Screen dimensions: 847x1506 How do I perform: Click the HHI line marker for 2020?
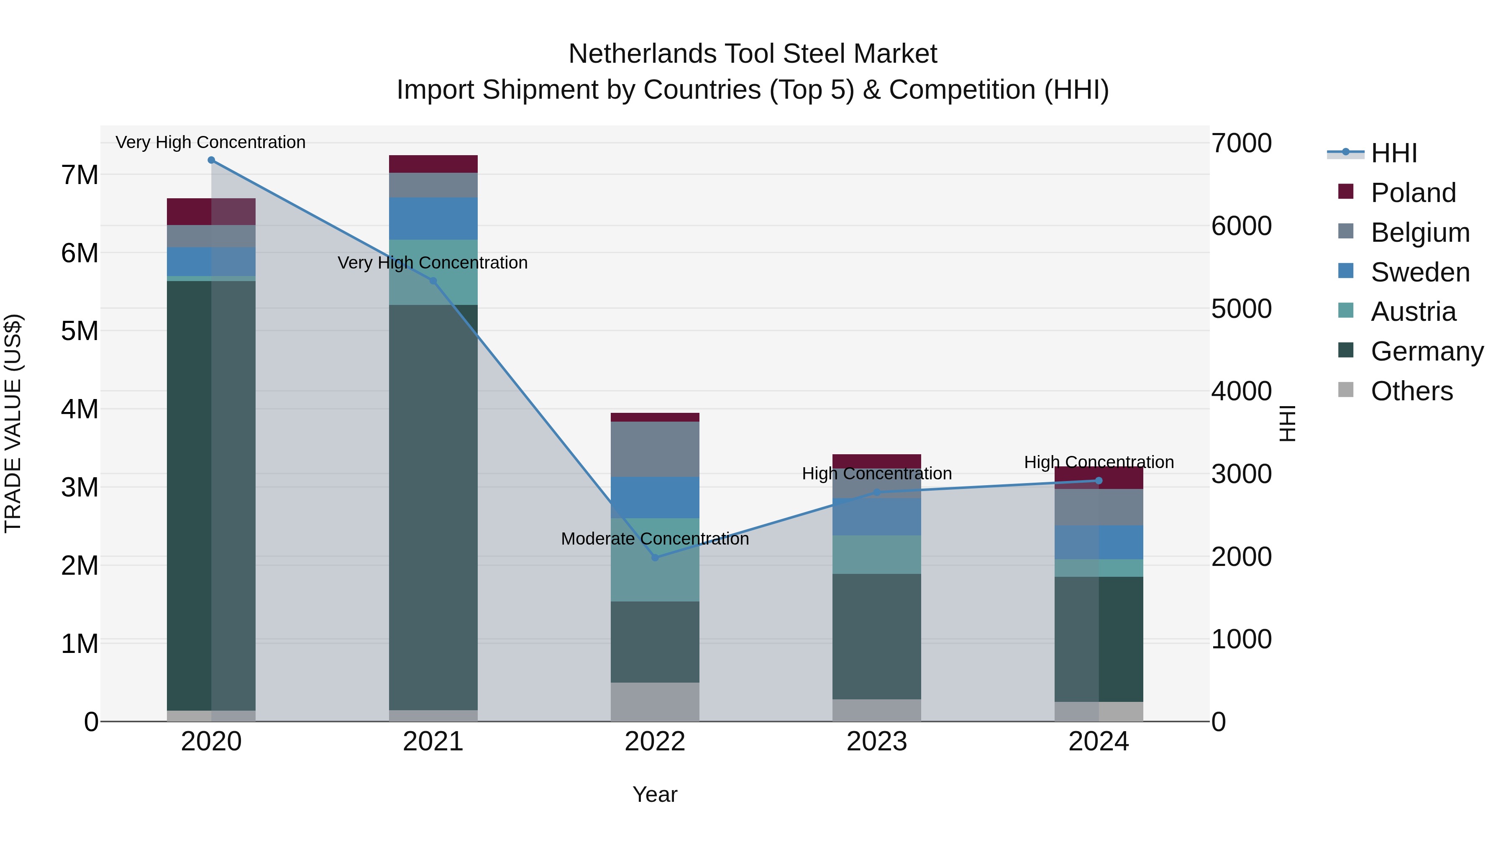tap(211, 160)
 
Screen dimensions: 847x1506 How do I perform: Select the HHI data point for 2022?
tap(655, 558)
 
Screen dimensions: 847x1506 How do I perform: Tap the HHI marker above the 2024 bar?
tap(1099, 481)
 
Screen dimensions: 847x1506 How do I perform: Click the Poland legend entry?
tap(1413, 193)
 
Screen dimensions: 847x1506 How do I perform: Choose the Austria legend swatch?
tap(1346, 310)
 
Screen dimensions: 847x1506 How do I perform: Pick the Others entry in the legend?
tap(1411, 391)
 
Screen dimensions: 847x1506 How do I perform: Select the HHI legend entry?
tap(1394, 153)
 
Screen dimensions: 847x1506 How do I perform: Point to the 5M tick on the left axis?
tap(79, 331)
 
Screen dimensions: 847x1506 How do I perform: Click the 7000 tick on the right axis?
tap(1241, 143)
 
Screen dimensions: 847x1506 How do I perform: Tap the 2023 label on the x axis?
tap(876, 742)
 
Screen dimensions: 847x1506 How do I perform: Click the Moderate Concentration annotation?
tap(655, 538)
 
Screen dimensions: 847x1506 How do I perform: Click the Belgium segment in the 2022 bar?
tap(655, 449)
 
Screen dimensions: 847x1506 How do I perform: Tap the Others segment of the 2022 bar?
tap(655, 701)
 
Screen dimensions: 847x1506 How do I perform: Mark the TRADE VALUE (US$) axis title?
tap(13, 423)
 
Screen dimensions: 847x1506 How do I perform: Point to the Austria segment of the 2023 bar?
tap(876, 554)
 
